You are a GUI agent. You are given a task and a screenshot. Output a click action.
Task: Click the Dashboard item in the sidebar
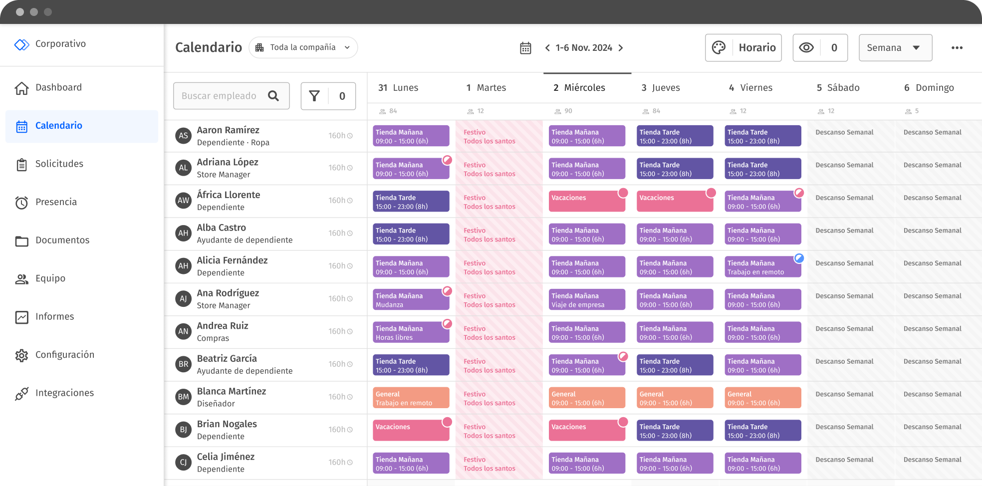(58, 88)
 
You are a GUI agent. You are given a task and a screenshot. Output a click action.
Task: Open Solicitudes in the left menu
(59, 164)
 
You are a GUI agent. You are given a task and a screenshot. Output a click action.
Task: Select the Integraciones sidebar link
(64, 393)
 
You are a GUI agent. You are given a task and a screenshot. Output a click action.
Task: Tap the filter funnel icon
(314, 96)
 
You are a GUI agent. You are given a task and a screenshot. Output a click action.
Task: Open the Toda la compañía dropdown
(303, 47)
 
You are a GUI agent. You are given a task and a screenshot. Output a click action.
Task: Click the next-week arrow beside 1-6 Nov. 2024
(621, 48)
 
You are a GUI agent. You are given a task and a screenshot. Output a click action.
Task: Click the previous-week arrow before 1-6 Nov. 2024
(547, 48)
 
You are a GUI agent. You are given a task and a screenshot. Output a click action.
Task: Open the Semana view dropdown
(895, 48)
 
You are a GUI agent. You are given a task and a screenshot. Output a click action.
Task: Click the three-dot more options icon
(957, 48)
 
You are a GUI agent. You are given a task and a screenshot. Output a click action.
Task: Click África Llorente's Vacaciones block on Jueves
(674, 201)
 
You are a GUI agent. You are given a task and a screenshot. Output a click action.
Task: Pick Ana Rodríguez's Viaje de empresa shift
(586, 300)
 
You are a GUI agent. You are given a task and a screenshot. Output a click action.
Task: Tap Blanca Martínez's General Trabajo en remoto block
(411, 398)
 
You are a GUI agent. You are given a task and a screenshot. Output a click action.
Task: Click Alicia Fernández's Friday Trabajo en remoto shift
(762, 267)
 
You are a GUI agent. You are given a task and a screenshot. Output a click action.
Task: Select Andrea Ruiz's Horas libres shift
(411, 333)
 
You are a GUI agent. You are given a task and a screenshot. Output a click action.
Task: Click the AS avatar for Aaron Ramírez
(184, 136)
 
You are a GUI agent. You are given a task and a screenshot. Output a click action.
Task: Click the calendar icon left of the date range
(525, 48)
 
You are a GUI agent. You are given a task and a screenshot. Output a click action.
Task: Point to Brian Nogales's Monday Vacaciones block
(411, 430)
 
